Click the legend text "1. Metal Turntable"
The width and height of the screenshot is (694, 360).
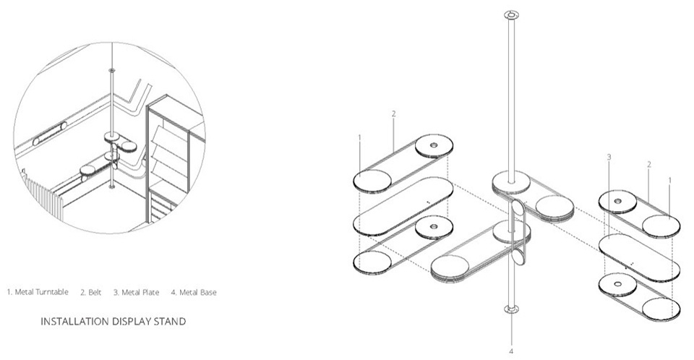pyautogui.click(x=38, y=292)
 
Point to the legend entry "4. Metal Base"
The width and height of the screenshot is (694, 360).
pyautogui.click(x=193, y=292)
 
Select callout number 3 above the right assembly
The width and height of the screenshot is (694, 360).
pyautogui.click(x=609, y=157)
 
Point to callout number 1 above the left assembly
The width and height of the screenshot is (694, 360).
pyautogui.click(x=359, y=137)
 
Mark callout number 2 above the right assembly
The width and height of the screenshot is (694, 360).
pyautogui.click(x=649, y=164)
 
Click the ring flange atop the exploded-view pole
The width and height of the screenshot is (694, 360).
pyautogui.click(x=511, y=14)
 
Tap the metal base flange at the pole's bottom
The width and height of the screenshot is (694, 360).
pyautogui.click(x=511, y=311)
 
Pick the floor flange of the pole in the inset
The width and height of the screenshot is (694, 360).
pyautogui.click(x=111, y=187)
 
